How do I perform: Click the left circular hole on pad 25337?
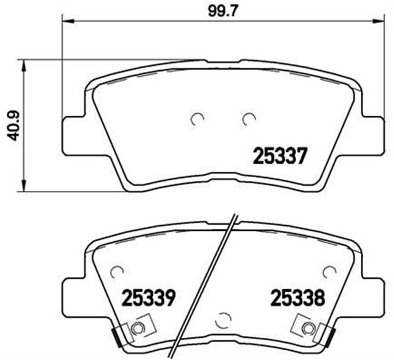pyautogui.click(x=197, y=119)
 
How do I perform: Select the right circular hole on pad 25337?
pyautogui.click(x=249, y=118)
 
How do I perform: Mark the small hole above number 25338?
pyautogui.click(x=330, y=271)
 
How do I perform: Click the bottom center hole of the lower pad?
pyautogui.click(x=222, y=321)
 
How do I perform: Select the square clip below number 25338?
pyautogui.click(x=305, y=326)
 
